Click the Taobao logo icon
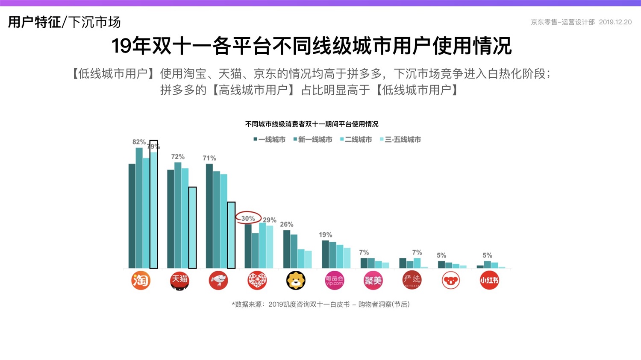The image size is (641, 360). coord(141,281)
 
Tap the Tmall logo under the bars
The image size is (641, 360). coord(179,281)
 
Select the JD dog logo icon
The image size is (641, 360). coord(218,281)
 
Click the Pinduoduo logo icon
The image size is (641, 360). coord(257,281)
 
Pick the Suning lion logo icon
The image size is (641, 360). coord(296,281)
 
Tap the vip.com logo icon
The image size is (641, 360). coord(334,281)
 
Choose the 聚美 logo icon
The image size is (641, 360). coord(373,281)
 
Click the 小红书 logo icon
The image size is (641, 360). coord(489,281)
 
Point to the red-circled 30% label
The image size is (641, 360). coord(248,218)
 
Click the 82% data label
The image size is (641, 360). coord(139,142)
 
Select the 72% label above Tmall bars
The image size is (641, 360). coord(178,157)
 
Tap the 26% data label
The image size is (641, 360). coord(286,224)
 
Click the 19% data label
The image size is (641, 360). coord(325,235)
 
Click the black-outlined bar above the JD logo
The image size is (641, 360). coord(231,235)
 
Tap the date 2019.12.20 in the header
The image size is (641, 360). coord(615,22)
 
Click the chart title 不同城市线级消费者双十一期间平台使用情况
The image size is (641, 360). coord(312,124)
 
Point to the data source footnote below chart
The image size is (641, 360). coord(320,304)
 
